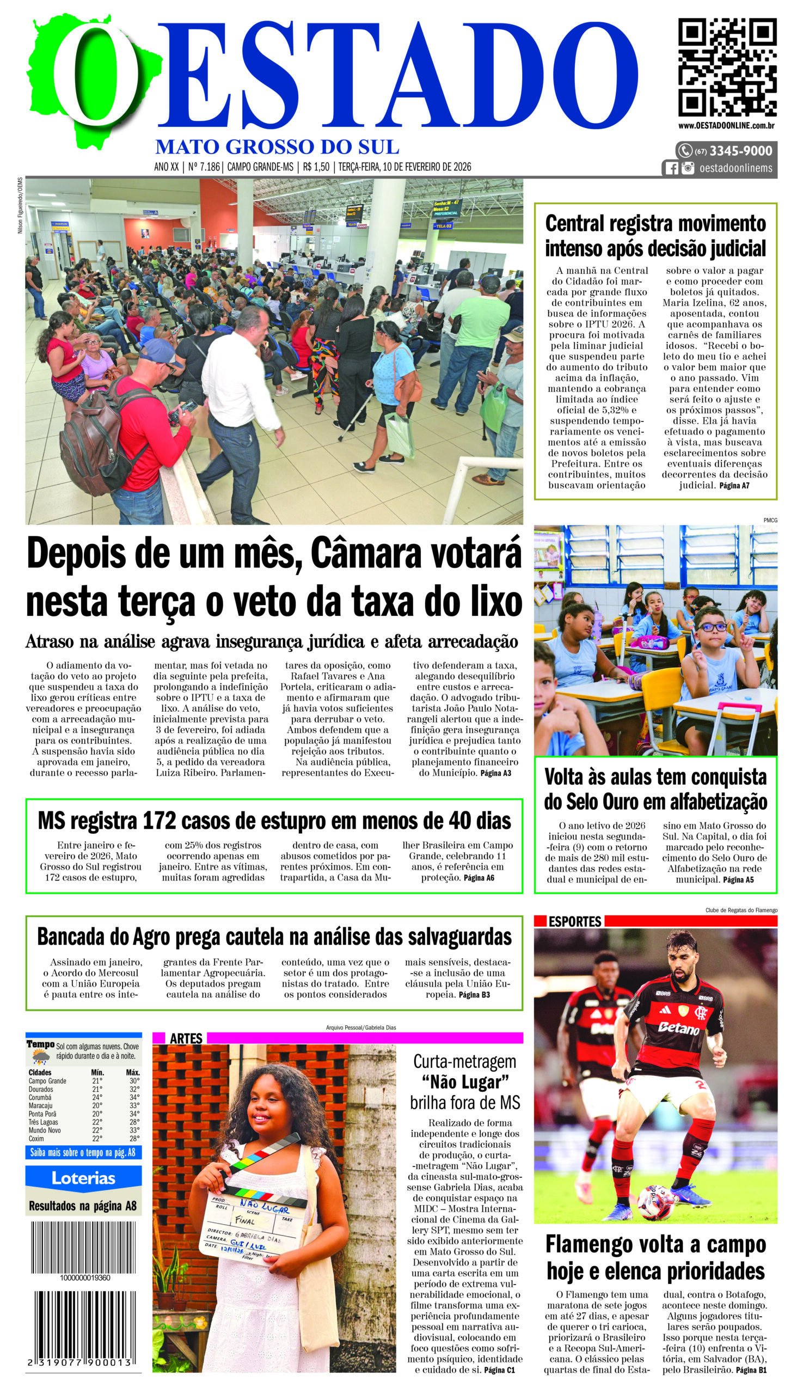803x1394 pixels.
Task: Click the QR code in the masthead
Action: (727, 68)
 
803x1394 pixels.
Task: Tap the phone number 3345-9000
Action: (740, 151)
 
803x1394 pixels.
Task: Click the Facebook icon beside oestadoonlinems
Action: (671, 168)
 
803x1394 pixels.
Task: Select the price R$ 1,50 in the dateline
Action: (316, 167)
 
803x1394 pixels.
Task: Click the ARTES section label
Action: (186, 1039)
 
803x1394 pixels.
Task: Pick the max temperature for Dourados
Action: (133, 1090)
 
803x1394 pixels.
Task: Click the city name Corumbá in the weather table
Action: (40, 1098)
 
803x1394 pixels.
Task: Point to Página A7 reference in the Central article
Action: (734, 485)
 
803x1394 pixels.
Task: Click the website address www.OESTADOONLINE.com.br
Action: (726, 126)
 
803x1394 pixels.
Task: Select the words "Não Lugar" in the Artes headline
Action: (464, 1083)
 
